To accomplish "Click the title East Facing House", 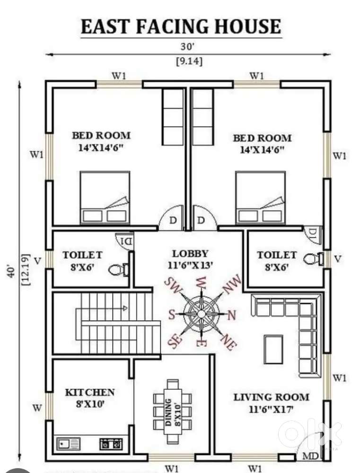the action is tap(181, 26).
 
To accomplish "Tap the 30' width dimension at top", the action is tap(188, 47).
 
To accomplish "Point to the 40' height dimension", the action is tap(11, 272).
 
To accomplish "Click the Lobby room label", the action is tap(190, 254).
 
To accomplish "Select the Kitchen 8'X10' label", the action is tap(90, 398).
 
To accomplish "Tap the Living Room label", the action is tap(271, 397).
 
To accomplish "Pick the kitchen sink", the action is tap(69, 444).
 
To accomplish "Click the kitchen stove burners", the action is tap(111, 444).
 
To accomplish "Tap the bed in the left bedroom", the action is tap(105, 198).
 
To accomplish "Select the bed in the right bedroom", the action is tap(261, 198).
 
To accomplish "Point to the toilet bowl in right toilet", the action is tap(313, 259).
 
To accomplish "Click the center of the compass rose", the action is tap(201, 314).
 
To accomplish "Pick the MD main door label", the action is tap(310, 456).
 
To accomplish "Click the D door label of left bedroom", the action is tap(173, 220).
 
